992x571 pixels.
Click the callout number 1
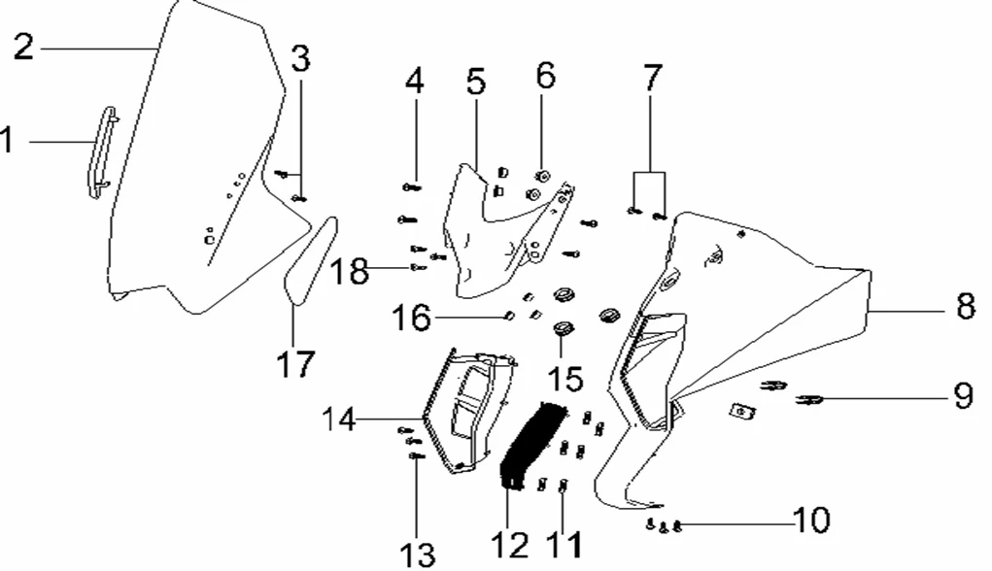click(x=8, y=142)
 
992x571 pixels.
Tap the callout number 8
click(x=964, y=309)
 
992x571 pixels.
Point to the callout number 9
click(x=961, y=396)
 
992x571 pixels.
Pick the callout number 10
click(x=811, y=521)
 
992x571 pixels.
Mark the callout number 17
click(x=294, y=365)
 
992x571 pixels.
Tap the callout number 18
click(x=349, y=271)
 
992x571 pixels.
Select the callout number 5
click(x=475, y=82)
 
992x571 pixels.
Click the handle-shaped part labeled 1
click(x=103, y=153)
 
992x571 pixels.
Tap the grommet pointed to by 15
click(x=561, y=330)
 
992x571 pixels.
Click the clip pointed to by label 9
click(x=810, y=398)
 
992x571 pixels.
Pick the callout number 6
click(x=546, y=75)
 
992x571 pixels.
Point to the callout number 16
click(x=411, y=317)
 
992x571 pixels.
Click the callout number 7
click(x=651, y=75)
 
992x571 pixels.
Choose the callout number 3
click(x=300, y=58)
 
